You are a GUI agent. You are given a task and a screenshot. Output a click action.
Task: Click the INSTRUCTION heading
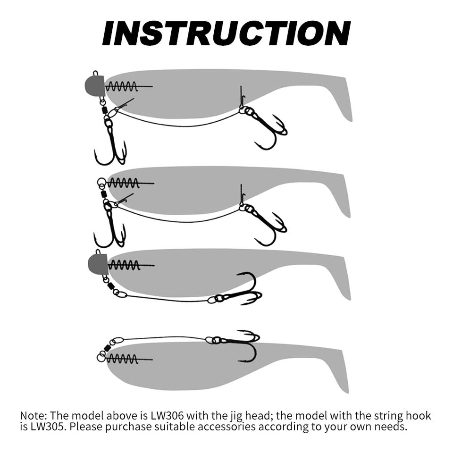point(226,34)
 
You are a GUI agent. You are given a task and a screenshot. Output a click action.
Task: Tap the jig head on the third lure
point(98,263)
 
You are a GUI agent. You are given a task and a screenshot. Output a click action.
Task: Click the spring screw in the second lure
point(131,184)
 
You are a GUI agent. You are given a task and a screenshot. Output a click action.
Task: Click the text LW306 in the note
point(167,416)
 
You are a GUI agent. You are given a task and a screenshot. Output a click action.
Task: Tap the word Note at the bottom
point(33,416)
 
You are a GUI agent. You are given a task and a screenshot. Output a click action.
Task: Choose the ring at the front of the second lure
point(101,182)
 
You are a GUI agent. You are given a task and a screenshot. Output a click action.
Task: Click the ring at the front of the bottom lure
point(101,358)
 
